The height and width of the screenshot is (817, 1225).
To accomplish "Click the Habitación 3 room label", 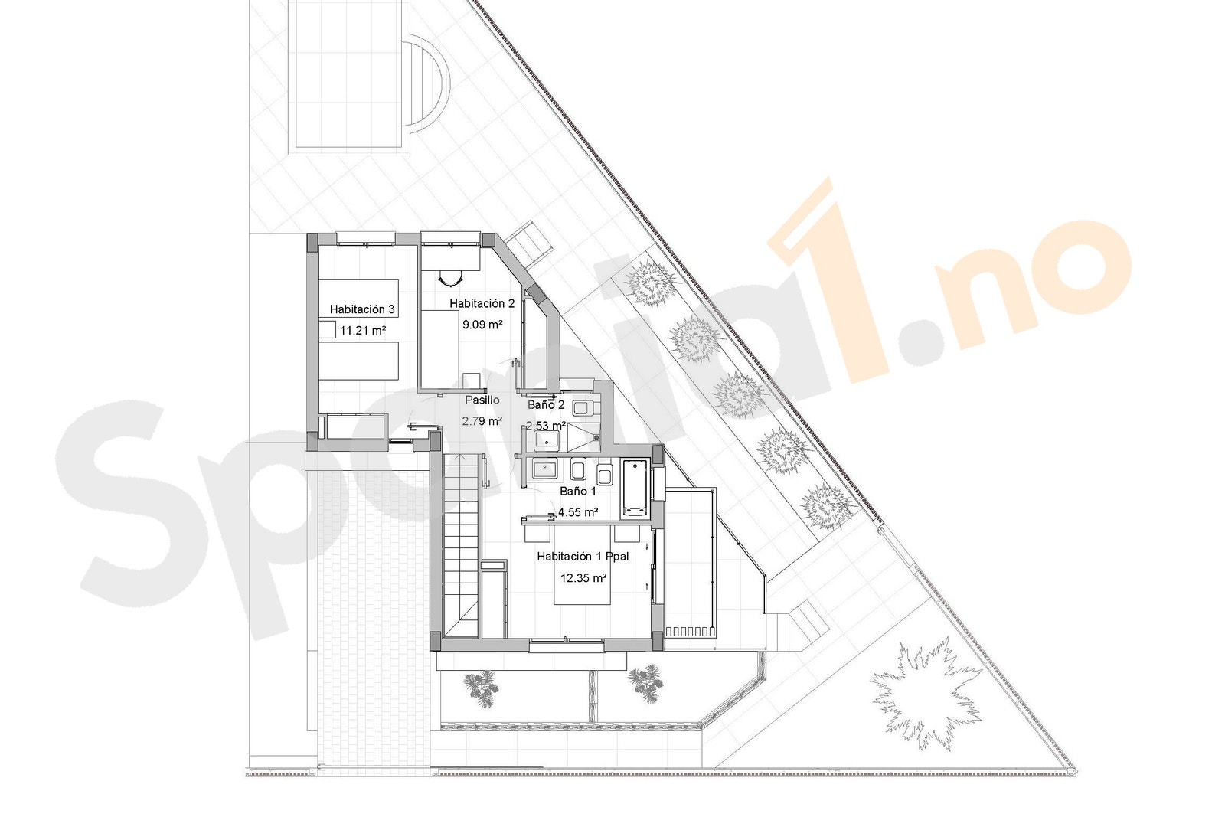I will pyautogui.click(x=362, y=309).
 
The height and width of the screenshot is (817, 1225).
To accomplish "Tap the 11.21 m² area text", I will pyautogui.click(x=362, y=331).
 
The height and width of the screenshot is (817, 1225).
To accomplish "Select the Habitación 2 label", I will pyautogui.click(x=482, y=303).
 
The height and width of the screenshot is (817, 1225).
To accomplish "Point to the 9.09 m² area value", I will pyautogui.click(x=482, y=324).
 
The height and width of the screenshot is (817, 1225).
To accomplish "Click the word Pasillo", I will pyautogui.click(x=482, y=400).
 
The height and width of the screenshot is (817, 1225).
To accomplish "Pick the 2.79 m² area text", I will pyautogui.click(x=482, y=420).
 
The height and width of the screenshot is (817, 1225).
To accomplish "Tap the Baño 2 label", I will pyautogui.click(x=546, y=404).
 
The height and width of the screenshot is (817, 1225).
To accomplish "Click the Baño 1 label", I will pyautogui.click(x=578, y=492).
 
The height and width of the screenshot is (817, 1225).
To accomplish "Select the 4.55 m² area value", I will pyautogui.click(x=578, y=512).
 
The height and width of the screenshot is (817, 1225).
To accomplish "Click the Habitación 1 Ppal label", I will pyautogui.click(x=583, y=557).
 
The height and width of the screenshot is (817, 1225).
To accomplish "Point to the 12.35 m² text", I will pyautogui.click(x=583, y=578).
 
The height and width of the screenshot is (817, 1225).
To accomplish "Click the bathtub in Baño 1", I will pyautogui.click(x=635, y=487).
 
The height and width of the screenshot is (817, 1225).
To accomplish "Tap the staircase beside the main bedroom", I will pyautogui.click(x=462, y=544).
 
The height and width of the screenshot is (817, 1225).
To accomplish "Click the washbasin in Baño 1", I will pyautogui.click(x=546, y=469).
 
